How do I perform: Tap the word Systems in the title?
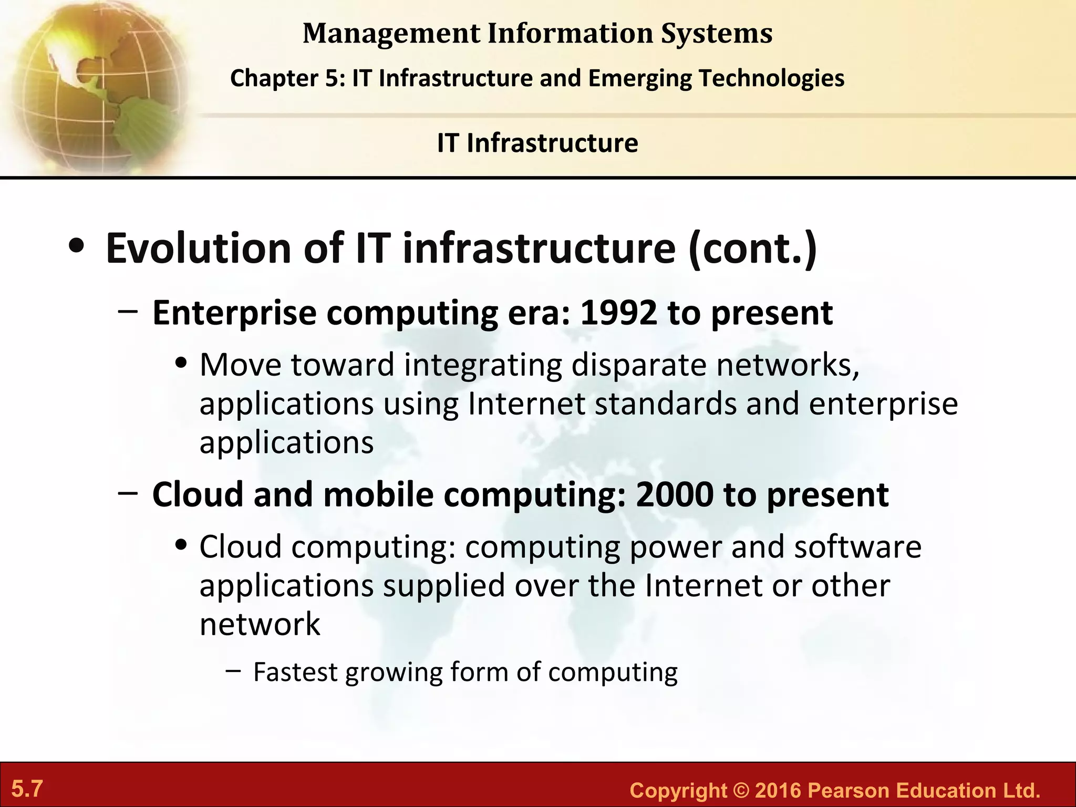click(x=716, y=34)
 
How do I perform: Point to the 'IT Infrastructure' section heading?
click(x=537, y=143)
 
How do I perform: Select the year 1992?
click(x=618, y=313)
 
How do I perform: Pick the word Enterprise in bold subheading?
click(x=234, y=313)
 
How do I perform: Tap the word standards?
click(x=666, y=403)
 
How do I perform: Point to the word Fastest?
click(x=295, y=672)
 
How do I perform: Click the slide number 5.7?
click(x=27, y=789)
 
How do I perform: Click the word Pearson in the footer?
click(x=847, y=791)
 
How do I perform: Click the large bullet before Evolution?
click(x=76, y=247)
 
